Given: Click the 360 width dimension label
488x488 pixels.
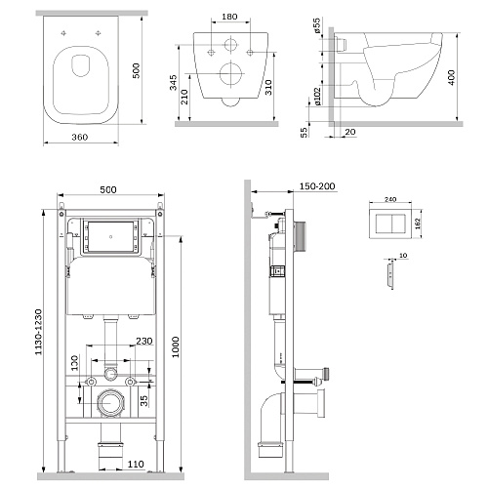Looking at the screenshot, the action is (x=80, y=137).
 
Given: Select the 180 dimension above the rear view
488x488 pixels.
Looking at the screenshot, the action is (x=229, y=17).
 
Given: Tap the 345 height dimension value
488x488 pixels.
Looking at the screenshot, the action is (x=173, y=82).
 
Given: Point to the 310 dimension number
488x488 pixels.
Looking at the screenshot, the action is (x=268, y=88).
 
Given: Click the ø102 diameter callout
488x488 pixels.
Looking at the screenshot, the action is (x=317, y=96).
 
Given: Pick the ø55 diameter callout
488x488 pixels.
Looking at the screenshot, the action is (x=317, y=25).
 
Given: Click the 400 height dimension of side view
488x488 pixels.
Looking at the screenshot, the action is (x=452, y=78).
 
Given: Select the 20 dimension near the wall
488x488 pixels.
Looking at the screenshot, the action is (x=350, y=132).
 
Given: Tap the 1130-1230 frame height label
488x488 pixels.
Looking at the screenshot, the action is (x=38, y=332).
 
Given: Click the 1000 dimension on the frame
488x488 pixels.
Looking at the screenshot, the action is (x=176, y=347).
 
